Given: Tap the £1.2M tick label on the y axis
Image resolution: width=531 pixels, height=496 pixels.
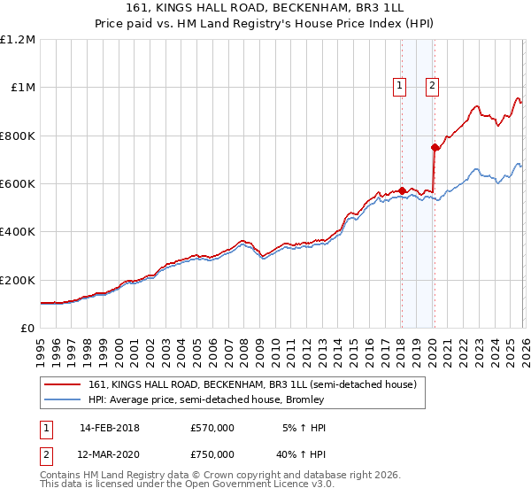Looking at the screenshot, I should (18, 40).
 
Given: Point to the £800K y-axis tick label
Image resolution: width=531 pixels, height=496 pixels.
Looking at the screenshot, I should (18, 136).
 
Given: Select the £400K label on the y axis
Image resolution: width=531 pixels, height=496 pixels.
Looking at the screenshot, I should (18, 232).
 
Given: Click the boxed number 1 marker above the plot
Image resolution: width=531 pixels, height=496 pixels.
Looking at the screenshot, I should (400, 86).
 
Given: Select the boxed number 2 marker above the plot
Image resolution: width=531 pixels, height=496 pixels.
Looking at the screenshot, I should (432, 86).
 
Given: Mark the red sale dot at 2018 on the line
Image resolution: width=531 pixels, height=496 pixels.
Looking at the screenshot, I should (401, 190).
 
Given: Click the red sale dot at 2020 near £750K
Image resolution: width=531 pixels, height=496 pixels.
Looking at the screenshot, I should (434, 148).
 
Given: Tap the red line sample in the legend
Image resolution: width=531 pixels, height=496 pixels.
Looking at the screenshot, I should (64, 385).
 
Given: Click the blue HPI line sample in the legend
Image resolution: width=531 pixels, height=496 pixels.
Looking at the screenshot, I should (64, 400).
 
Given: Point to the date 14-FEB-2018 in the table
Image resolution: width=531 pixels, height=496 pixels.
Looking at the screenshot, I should (110, 428).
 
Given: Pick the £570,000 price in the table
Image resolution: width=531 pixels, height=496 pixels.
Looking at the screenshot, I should (212, 428).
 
